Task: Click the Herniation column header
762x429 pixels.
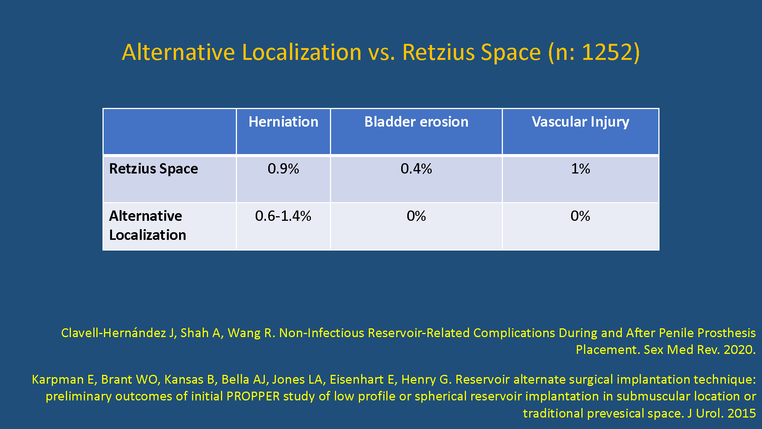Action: [283, 122]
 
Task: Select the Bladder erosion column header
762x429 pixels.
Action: [416, 122]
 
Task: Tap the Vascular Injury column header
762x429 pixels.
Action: [580, 122]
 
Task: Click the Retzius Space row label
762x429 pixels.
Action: [154, 169]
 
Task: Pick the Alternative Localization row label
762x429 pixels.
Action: [147, 225]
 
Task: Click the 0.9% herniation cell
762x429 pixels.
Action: [283, 169]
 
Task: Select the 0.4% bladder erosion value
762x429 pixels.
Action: [416, 169]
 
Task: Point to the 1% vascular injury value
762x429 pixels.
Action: [580, 169]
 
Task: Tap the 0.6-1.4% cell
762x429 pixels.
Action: [283, 216]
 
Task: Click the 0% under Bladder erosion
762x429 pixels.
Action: [416, 216]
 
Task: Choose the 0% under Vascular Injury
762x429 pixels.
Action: [580, 216]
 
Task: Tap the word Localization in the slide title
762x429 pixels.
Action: [301, 52]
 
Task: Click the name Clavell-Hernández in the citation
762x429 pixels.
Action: [114, 333]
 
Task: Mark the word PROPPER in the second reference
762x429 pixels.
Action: [253, 396]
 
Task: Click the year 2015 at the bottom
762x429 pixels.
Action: [741, 413]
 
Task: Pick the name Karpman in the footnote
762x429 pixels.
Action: [58, 380]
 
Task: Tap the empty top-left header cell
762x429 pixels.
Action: [170, 132]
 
